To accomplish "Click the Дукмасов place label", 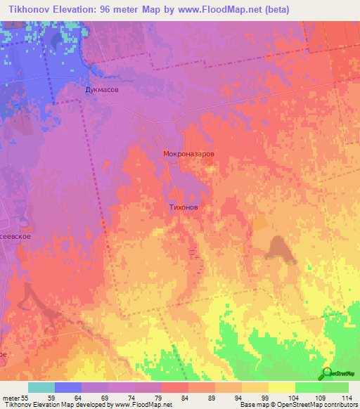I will click(97, 91).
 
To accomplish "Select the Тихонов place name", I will click(188, 208).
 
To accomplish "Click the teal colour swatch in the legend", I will click(41, 387).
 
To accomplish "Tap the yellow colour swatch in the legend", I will click(281, 387).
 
